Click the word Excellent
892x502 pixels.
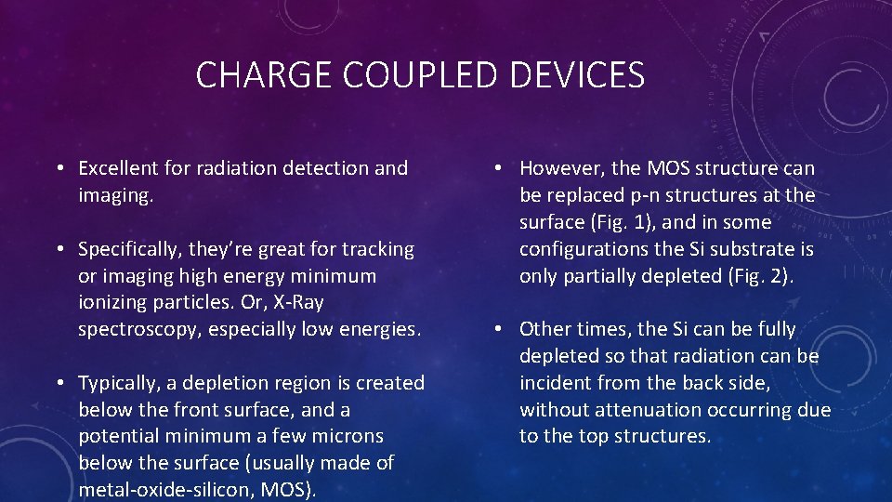pyautogui.click(x=118, y=168)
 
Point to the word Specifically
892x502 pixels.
pyautogui.click(x=130, y=249)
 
